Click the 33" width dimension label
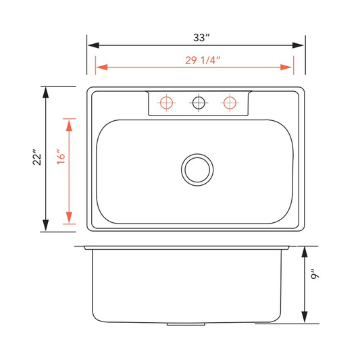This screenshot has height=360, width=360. [201, 38]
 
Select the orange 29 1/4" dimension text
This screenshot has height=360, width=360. [203, 60]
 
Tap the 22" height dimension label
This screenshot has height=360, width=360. [37, 157]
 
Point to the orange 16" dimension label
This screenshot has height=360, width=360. [61, 157]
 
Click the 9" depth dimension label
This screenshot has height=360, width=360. [315, 274]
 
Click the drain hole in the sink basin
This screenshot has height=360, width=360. [197, 170]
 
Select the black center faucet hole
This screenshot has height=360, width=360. [199, 103]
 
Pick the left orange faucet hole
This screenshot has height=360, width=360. [166, 103]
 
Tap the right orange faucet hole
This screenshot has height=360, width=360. [230, 103]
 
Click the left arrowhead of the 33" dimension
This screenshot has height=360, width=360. [93, 45]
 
